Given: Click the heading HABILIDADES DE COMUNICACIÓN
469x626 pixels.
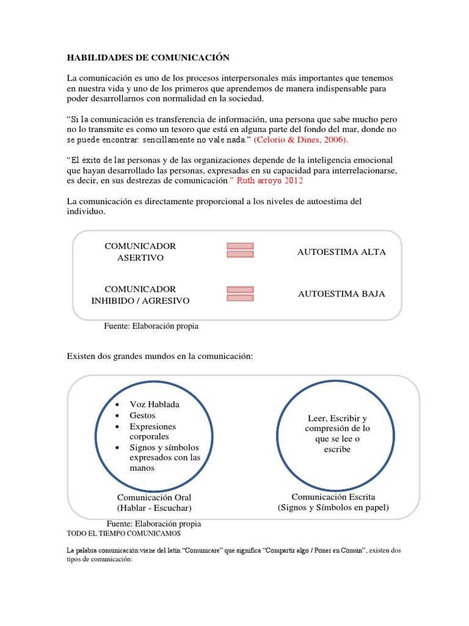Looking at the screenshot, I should [x=147, y=57].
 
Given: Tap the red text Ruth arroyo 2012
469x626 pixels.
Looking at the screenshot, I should [x=269, y=181].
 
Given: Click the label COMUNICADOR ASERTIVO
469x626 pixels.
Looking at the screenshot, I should [x=140, y=251].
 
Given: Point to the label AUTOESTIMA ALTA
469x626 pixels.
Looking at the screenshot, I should [x=341, y=252].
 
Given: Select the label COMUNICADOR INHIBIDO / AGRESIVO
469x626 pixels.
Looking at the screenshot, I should [x=140, y=295].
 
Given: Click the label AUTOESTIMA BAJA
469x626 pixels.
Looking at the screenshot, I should [x=341, y=294].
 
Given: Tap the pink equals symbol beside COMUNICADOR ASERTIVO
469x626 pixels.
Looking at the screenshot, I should [x=240, y=250].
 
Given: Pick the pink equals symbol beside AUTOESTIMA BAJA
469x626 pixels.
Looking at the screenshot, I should [x=240, y=293].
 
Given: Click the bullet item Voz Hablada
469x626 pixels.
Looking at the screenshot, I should [x=155, y=405].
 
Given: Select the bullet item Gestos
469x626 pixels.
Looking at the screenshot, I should [x=142, y=415].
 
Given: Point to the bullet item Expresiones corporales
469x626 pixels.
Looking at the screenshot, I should [x=153, y=432].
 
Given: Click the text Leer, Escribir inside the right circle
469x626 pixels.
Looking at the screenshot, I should [x=337, y=418].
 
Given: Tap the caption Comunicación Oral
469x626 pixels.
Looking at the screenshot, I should [x=154, y=497].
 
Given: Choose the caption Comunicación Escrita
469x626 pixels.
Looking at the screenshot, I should [x=333, y=496].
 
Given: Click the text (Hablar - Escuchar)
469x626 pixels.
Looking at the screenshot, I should [x=154, y=508].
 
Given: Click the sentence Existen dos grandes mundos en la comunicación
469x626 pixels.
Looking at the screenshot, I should [x=159, y=356].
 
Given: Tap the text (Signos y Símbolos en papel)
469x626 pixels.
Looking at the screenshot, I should [x=333, y=507].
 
